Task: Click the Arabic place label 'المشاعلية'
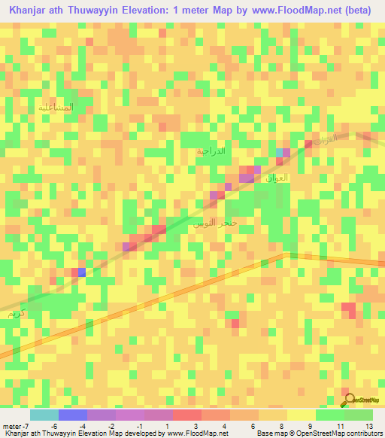tap(56, 108)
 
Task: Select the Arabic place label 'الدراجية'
tap(211, 151)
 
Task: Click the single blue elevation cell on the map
tap(81, 272)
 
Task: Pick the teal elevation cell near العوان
tap(280, 153)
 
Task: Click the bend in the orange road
tap(285, 254)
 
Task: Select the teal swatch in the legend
tap(44, 415)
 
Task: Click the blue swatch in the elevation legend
tap(72, 415)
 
